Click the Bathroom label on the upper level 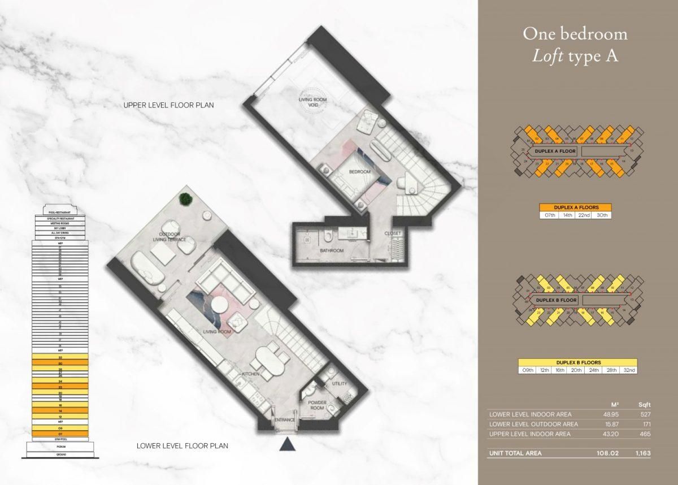click(332, 250)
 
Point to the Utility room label click(340, 384)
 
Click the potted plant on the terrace click(185, 198)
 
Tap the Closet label click(393, 233)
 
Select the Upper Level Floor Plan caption click(169, 106)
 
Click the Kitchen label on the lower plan click(250, 374)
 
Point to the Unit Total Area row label click(515, 453)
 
